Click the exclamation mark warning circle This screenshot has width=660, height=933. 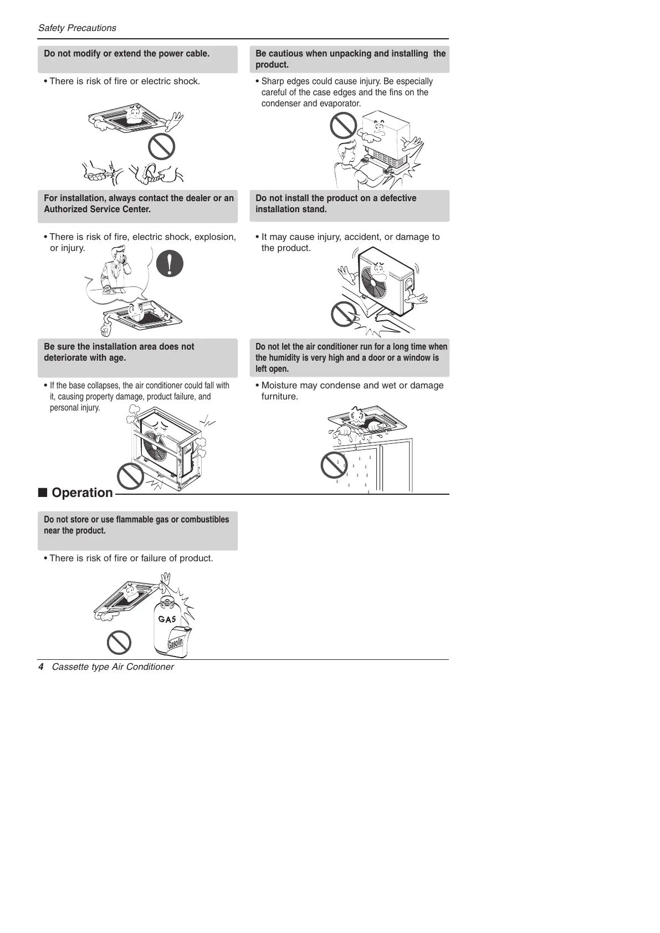(170, 263)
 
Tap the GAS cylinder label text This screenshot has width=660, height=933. (167, 619)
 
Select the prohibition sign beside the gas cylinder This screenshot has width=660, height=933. (119, 643)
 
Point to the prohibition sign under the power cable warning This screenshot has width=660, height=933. (161, 147)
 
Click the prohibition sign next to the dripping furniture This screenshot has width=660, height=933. (334, 465)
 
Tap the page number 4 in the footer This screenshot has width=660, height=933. (40, 667)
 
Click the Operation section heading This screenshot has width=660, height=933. (82, 493)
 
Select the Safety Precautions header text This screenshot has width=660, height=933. (77, 28)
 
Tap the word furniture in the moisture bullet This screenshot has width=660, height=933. (279, 397)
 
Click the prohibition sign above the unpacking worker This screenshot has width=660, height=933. (343, 125)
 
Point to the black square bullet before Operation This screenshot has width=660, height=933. (42, 493)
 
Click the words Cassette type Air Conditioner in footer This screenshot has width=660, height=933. (112, 667)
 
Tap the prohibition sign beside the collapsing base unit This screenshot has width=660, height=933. (130, 476)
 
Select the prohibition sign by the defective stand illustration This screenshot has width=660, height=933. (344, 314)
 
